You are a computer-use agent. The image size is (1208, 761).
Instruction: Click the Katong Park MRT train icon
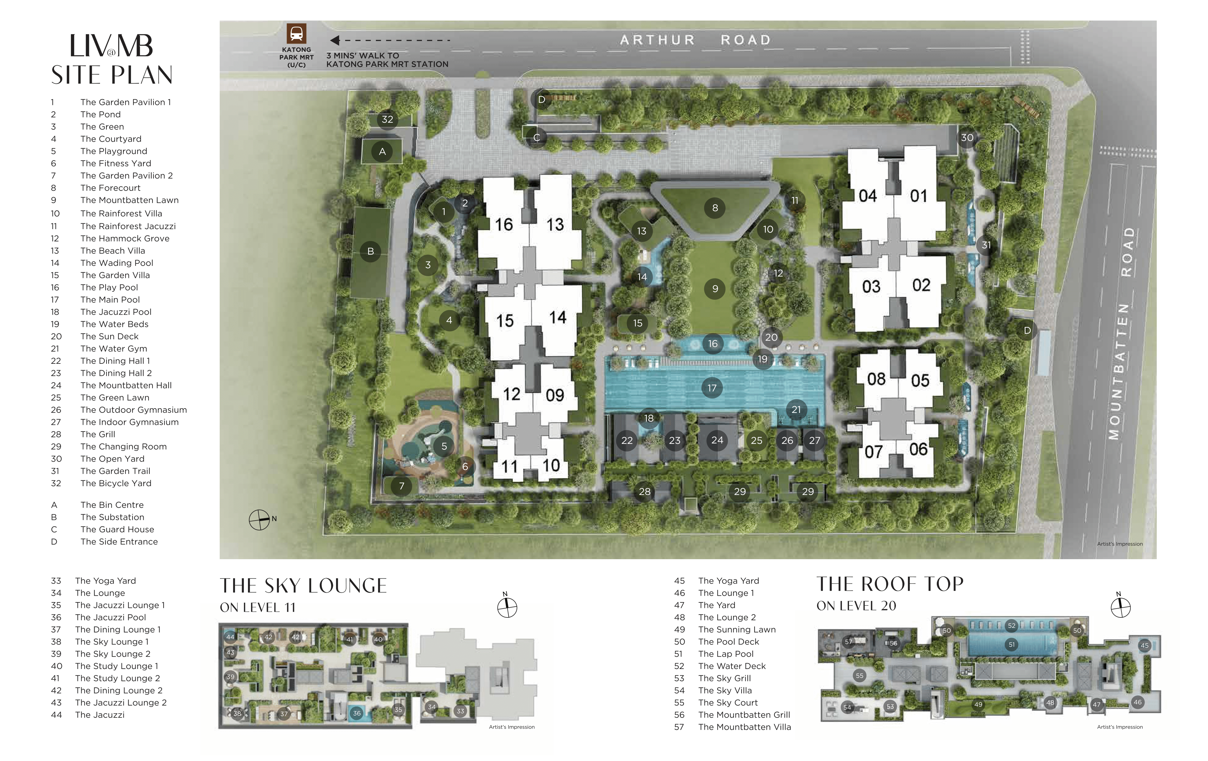pyautogui.click(x=296, y=34)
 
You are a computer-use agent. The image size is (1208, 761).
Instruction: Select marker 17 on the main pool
pyautogui.click(x=712, y=388)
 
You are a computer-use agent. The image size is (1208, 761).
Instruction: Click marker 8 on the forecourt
pyautogui.click(x=715, y=208)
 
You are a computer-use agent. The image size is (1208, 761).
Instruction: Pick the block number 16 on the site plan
pyautogui.click(x=504, y=224)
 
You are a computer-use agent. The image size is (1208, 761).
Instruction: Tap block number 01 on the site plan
pyautogui.click(x=919, y=196)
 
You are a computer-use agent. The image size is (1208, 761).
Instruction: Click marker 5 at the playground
pyautogui.click(x=444, y=446)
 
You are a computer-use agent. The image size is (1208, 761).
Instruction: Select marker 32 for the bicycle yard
pyautogui.click(x=387, y=119)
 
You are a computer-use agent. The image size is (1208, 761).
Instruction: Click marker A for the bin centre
pyautogui.click(x=382, y=152)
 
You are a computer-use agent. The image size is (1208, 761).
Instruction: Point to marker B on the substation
pyautogui.click(x=371, y=251)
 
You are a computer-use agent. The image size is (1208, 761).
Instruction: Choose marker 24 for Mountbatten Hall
pyautogui.click(x=717, y=440)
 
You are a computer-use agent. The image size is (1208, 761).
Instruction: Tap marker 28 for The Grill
pyautogui.click(x=645, y=492)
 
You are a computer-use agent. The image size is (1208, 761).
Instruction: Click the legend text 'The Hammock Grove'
pyautogui.click(x=125, y=238)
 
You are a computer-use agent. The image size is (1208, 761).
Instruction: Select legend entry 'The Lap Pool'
pyautogui.click(x=726, y=654)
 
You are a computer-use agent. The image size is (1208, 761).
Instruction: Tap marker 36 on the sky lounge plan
pyautogui.click(x=357, y=713)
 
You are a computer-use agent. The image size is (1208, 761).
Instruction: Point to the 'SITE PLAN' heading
pyautogui.click(x=112, y=75)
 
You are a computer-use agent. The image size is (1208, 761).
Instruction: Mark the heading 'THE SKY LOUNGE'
pyautogui.click(x=303, y=586)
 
